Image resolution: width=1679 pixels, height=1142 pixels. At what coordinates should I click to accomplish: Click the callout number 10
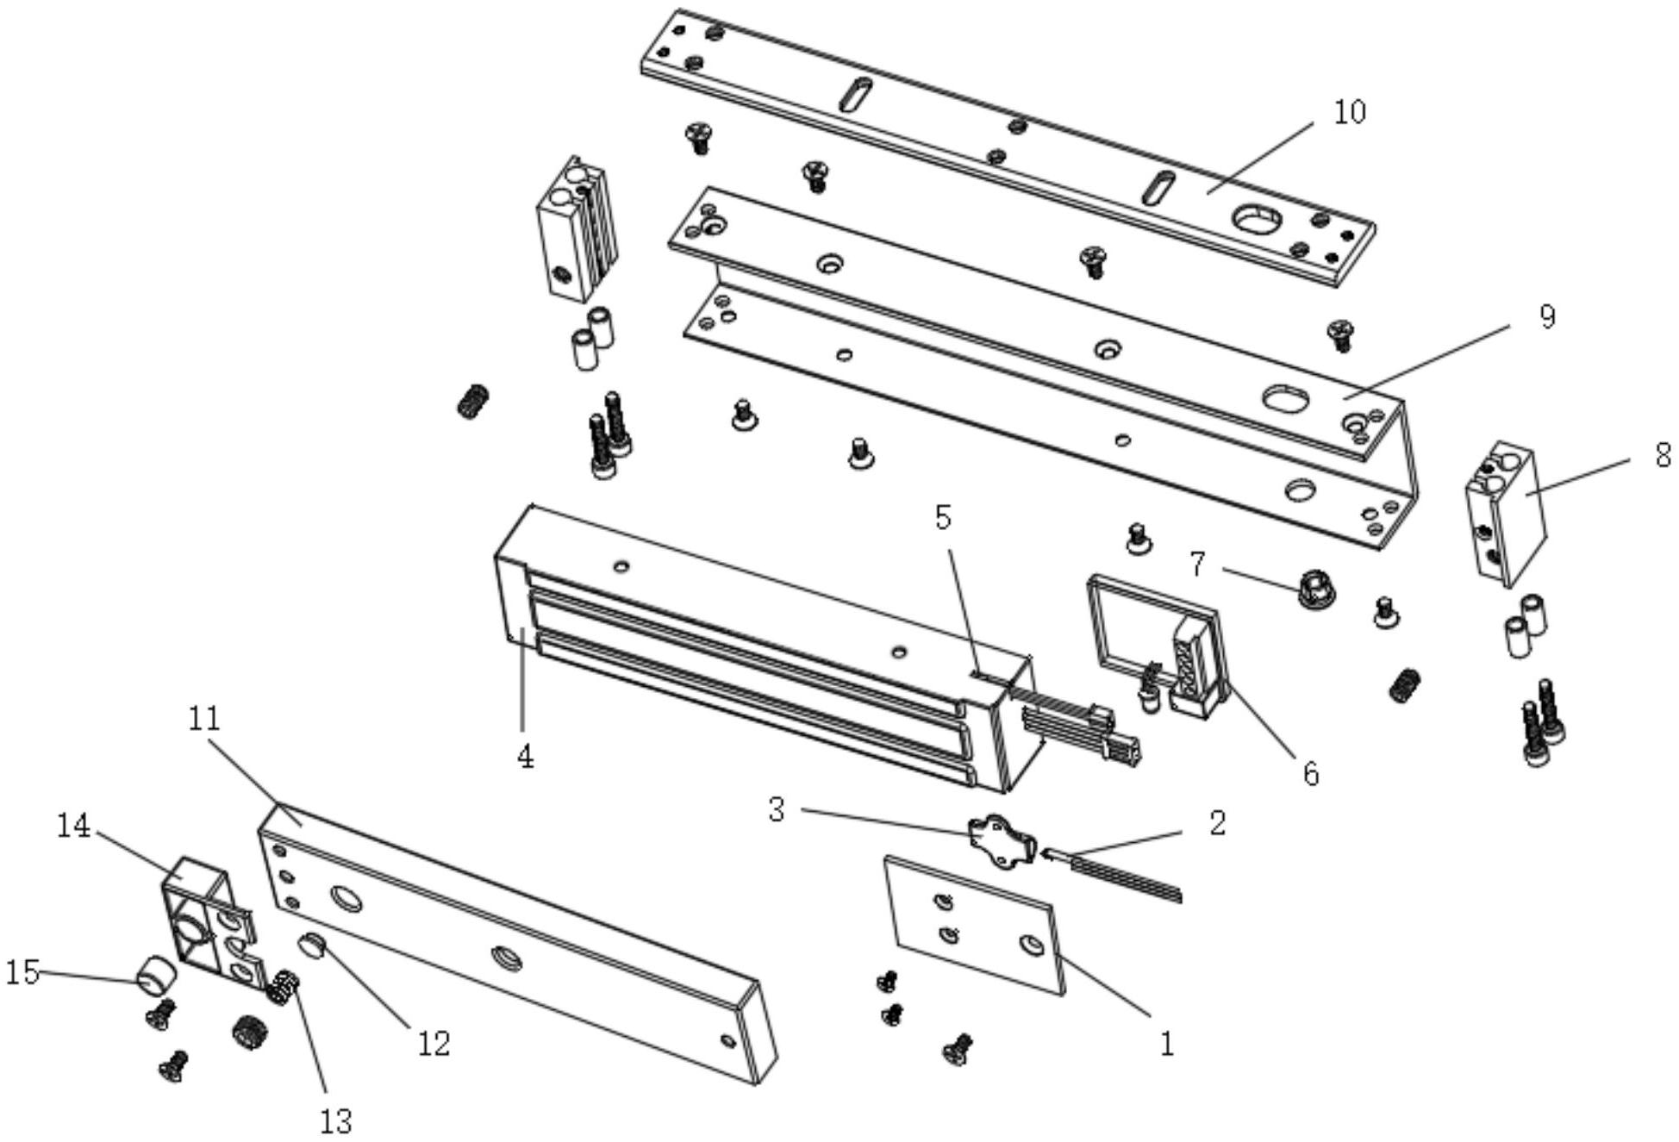click(1350, 112)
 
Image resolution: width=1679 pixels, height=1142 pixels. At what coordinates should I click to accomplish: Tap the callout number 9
click(1547, 317)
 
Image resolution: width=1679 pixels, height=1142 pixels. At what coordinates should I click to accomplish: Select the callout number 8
click(1663, 455)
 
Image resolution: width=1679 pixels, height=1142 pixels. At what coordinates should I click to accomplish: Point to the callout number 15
click(22, 972)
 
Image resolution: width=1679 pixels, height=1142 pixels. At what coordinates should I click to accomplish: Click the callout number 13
click(336, 1121)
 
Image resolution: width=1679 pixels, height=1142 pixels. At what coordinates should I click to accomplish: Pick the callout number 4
click(525, 757)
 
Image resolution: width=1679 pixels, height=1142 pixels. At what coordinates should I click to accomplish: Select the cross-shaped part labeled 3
click(1002, 840)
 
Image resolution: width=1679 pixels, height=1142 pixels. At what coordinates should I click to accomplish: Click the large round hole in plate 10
click(1258, 218)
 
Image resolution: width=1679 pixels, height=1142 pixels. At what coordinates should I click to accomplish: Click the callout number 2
click(1216, 823)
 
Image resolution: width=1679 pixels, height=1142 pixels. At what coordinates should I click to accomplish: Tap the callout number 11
click(204, 718)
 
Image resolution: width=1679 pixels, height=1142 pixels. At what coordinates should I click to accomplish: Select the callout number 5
click(943, 517)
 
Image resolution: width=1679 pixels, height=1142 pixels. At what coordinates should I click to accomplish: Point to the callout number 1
click(1166, 1045)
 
